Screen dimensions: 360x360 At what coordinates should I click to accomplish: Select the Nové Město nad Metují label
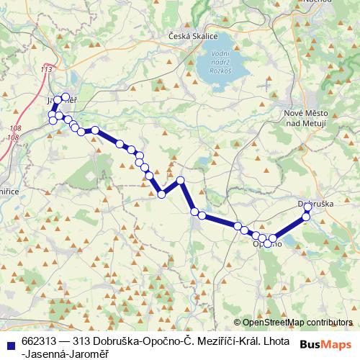click(306, 120)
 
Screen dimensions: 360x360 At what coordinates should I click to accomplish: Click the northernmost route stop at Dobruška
click(307, 207)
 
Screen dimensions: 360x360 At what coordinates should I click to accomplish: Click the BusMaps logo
click(326, 343)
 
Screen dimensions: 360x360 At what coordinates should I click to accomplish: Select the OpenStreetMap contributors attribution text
click(297, 323)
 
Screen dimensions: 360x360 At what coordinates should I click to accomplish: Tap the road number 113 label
click(48, 70)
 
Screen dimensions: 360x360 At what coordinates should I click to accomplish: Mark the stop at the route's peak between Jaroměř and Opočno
click(181, 180)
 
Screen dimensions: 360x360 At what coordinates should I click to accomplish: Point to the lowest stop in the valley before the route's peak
click(162, 194)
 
